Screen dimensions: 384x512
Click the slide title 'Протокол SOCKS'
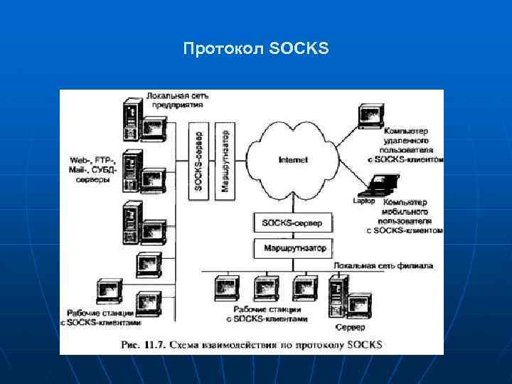click(x=255, y=49)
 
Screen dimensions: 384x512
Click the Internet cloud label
click(x=293, y=160)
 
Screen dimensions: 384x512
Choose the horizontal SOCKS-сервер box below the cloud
click(x=292, y=223)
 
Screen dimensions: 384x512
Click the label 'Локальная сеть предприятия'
click(x=175, y=100)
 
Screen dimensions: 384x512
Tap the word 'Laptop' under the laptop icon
click(x=364, y=201)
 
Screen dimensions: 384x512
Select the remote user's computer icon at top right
click(x=370, y=116)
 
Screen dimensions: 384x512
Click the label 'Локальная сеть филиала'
click(x=383, y=265)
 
